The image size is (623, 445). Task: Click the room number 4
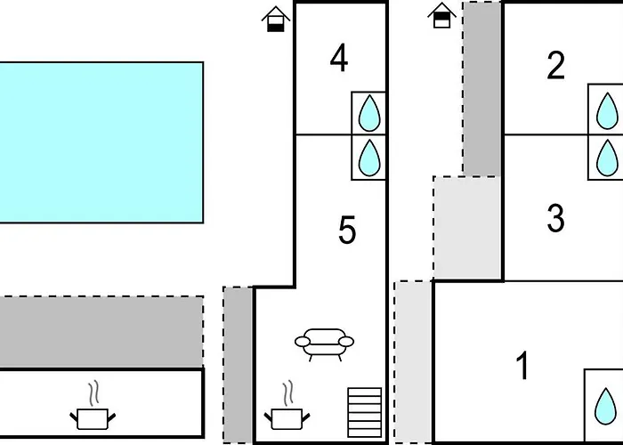pos(339,58)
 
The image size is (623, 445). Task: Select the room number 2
pos(555,65)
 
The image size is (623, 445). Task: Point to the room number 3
pos(555,218)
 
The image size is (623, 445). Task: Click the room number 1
pos(523,365)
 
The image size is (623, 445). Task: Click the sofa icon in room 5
pos(324,344)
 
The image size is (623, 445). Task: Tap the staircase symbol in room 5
pos(364,412)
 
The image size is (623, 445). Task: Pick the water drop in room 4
pos(369,113)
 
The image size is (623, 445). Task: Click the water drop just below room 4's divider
pos(369,158)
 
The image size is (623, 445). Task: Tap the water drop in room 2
pos(607,111)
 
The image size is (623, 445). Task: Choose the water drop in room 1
pos(605,406)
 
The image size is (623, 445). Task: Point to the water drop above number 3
pos(607,158)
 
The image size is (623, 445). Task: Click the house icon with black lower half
pos(276,19)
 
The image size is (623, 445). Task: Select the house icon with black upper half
pos(441,15)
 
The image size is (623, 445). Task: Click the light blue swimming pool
pos(101,142)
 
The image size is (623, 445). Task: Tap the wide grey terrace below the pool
pos(101,332)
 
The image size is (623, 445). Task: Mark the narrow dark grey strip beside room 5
pos(238,365)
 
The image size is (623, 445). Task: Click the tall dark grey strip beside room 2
pos(482,89)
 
